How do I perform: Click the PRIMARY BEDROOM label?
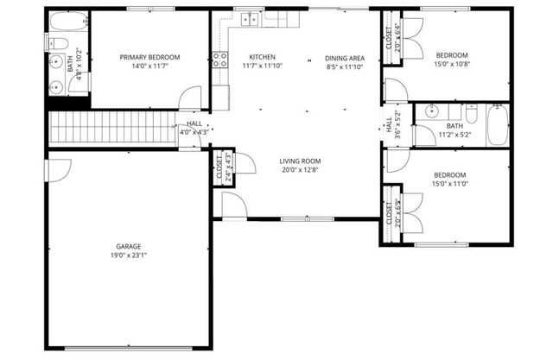tap(150, 57)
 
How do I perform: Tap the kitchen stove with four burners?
tap(220, 60)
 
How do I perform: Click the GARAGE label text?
tap(129, 246)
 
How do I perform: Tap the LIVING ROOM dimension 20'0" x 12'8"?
tap(300, 170)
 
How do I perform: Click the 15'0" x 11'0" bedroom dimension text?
tap(452, 183)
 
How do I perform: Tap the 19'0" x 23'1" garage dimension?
tap(129, 256)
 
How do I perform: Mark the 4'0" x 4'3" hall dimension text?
tap(194, 132)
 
